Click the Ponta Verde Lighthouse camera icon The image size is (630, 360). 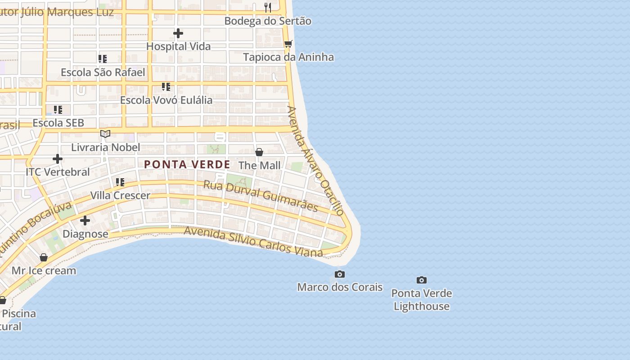tap(421, 280)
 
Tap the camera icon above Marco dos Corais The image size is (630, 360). tap(340, 274)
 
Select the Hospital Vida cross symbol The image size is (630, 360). tap(178, 33)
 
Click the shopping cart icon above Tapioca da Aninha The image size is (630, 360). tap(288, 44)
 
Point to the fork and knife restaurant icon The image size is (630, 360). tap(268, 7)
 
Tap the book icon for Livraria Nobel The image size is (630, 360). tap(105, 134)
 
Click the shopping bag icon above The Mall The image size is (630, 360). tap(259, 152)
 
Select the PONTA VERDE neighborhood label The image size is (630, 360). tap(187, 165)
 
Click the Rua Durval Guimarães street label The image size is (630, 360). tap(261, 196)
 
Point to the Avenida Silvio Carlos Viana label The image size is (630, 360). tap(253, 242)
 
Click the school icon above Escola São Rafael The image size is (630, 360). tap(103, 59)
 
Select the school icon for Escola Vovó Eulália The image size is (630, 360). tap(166, 86)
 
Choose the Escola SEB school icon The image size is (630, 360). tap(58, 110)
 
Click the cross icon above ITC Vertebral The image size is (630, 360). tap(58, 159)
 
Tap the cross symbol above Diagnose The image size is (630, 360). tap(85, 220)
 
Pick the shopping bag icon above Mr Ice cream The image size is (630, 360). tap(44, 257)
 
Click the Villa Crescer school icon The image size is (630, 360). tap(120, 182)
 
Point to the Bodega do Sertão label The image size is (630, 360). tap(268, 21)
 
